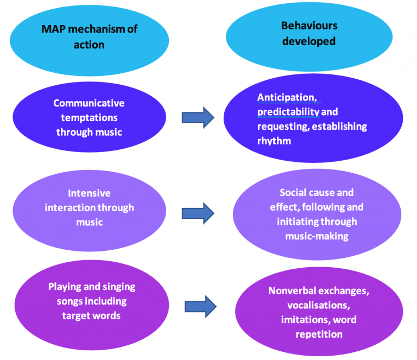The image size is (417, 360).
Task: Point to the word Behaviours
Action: (309, 26)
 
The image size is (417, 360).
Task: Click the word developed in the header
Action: (309, 41)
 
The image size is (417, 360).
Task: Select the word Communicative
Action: (89, 103)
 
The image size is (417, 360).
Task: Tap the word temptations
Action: (89, 117)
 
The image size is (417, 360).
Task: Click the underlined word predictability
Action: (288, 112)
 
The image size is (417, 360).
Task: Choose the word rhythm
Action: (274, 141)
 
